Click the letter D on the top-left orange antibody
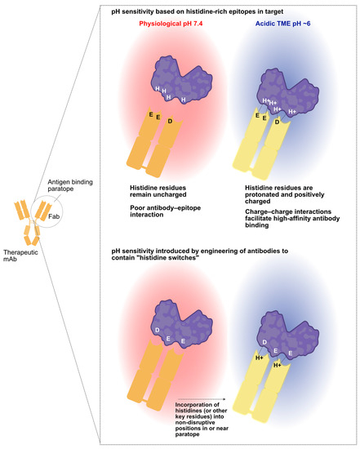pos(169,121)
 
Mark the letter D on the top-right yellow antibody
pos(277,122)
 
